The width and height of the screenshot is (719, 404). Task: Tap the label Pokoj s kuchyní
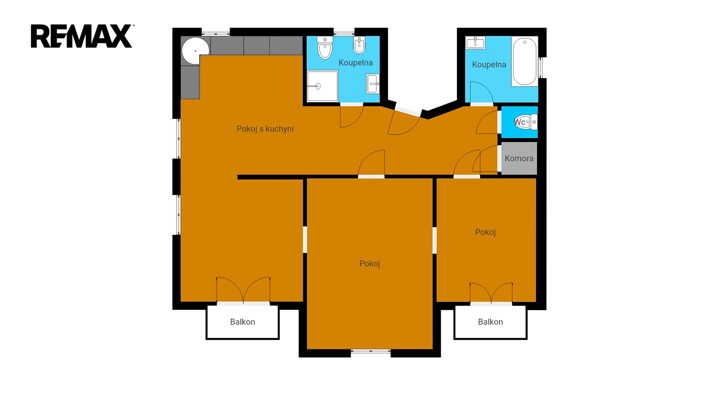tap(265, 129)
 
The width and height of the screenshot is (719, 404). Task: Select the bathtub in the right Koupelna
tap(524, 61)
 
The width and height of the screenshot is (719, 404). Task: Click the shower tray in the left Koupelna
tap(322, 86)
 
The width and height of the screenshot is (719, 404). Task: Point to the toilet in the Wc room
tap(526, 122)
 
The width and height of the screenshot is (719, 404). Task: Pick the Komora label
tap(519, 158)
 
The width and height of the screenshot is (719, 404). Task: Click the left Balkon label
tap(242, 322)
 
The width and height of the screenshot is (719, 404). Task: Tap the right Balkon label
tap(490, 322)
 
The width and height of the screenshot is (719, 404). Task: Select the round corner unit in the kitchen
tap(195, 50)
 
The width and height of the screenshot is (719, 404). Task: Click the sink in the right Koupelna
tap(475, 43)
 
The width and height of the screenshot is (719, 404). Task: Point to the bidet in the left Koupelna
tap(359, 45)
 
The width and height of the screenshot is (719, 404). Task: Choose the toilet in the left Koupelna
tap(325, 48)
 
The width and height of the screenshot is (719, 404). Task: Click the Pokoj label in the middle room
tap(369, 263)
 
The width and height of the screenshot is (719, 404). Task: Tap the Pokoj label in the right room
tap(485, 232)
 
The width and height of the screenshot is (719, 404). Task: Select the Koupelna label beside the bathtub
tap(489, 65)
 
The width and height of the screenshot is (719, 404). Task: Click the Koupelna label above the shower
tap(355, 63)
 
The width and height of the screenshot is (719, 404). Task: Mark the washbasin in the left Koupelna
tap(373, 83)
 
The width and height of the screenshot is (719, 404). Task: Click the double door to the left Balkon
tap(243, 290)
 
